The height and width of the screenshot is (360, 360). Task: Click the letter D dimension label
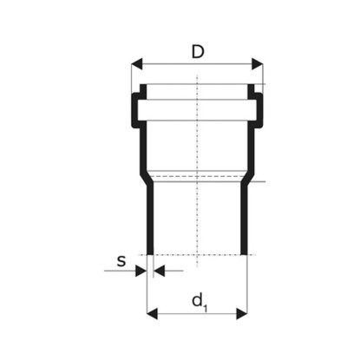pos(198,52)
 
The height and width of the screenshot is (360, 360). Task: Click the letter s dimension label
pos(121,261)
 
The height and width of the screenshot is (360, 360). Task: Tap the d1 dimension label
pos(200,303)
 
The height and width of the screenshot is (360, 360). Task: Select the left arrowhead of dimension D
pos(137,64)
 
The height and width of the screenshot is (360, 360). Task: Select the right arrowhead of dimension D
pos(258,64)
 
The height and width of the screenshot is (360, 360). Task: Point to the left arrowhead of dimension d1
pos(152,314)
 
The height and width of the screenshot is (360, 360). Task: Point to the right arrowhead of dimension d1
pos(242,314)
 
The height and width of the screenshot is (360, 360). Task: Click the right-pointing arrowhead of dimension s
pos(141,271)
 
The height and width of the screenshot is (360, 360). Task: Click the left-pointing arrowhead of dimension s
pos(159,271)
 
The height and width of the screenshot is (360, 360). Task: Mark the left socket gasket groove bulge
pos(134,110)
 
